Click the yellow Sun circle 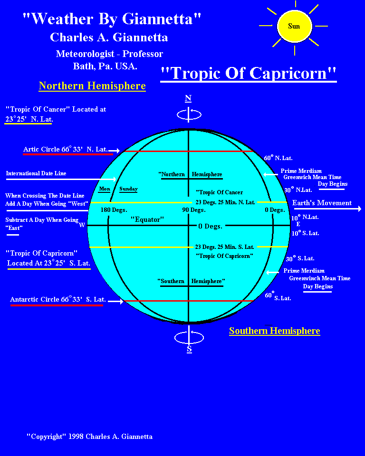294,26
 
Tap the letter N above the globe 188,98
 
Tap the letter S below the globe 189,350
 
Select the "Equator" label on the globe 147,219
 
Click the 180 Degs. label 114,209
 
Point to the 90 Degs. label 194,209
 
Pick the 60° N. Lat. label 279,157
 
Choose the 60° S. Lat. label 278,297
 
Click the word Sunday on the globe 128,189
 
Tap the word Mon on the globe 105,189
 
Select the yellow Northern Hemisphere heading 92,86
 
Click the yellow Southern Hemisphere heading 274,331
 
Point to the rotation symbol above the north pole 189,114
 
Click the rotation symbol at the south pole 189,337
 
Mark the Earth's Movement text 322,203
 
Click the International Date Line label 36,173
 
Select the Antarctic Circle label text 58,300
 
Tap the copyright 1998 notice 89,436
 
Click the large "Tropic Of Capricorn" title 249,73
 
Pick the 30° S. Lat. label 300,258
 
